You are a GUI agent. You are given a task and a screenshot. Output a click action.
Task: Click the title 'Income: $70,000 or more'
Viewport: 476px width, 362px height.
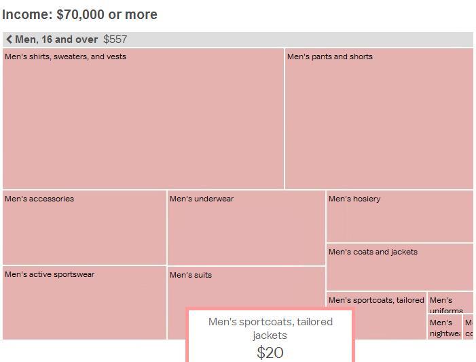[x=79, y=14]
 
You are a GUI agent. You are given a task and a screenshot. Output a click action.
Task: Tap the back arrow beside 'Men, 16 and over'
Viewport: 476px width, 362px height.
[x=9, y=39]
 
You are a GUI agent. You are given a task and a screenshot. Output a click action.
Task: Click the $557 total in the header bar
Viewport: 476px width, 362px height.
[x=115, y=39]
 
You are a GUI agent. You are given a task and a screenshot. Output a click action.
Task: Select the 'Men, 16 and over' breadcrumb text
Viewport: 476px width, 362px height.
[x=56, y=39]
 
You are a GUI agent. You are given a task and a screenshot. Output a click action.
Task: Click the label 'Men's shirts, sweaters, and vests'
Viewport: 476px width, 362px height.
[x=65, y=56]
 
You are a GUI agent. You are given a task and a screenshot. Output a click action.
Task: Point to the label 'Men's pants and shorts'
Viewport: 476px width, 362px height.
[x=329, y=56]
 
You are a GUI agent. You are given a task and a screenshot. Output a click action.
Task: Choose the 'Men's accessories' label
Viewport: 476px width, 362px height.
[x=39, y=199]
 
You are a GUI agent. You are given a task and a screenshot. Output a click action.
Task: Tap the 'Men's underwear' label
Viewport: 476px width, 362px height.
[x=202, y=199]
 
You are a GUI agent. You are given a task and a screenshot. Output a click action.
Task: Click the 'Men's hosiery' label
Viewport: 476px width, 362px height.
[x=354, y=199]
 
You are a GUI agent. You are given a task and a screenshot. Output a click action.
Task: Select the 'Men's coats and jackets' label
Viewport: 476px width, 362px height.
[x=373, y=252]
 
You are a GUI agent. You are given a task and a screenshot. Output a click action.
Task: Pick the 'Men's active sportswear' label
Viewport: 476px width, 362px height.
[x=50, y=274]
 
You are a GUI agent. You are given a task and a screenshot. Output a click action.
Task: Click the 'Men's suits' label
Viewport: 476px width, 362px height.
[x=191, y=275]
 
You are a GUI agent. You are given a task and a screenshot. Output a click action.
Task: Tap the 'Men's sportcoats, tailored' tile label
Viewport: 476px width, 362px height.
[x=376, y=300]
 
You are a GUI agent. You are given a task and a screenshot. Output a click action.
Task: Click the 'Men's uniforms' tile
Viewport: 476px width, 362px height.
[x=450, y=303]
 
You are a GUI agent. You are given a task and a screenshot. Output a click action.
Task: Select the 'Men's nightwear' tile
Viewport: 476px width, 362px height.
[x=445, y=327]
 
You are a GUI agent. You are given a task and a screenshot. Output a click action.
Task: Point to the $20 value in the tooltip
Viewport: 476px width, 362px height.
[x=270, y=352]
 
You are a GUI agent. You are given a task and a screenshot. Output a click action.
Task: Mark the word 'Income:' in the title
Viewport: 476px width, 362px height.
[x=26, y=14]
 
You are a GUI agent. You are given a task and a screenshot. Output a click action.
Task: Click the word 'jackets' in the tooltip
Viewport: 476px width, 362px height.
[x=270, y=335]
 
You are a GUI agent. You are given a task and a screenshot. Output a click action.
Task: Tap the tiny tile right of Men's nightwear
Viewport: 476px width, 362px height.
[x=469, y=327]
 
